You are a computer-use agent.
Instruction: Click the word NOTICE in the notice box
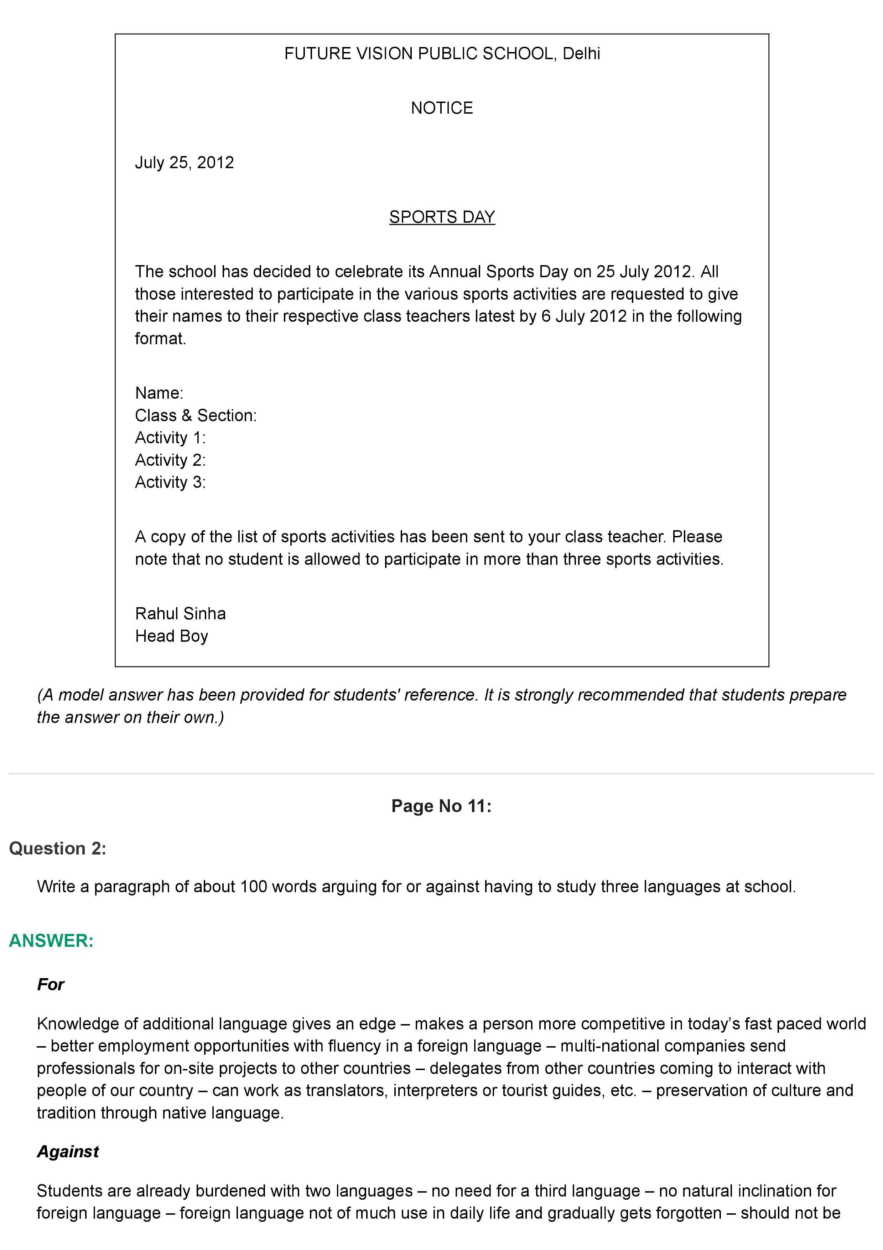(441, 108)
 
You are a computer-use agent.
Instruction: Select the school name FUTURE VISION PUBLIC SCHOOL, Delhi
(442, 53)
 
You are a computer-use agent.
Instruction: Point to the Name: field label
(159, 393)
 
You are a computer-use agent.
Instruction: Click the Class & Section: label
(195, 415)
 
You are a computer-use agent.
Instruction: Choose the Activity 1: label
(170, 437)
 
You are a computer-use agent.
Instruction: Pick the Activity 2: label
(170, 460)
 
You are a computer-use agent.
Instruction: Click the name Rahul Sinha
(180, 614)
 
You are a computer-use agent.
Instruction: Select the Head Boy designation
(171, 636)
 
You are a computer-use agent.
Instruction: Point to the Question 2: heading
(58, 848)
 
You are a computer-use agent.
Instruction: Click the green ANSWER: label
(51, 940)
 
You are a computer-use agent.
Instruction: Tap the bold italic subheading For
(51, 984)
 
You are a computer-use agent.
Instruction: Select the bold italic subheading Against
(68, 1151)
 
